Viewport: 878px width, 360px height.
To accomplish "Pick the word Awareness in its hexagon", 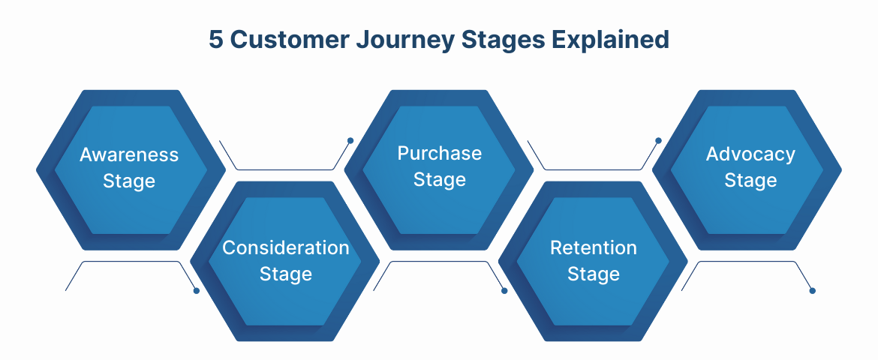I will point(129,155).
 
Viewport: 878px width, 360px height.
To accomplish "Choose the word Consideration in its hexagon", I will point(286,248).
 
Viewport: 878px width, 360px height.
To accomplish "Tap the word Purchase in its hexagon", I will point(440,154).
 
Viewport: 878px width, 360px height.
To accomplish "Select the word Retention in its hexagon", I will point(594,248).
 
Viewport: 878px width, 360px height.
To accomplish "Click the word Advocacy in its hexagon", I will point(750,154).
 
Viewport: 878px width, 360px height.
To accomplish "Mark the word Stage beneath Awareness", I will point(129,181).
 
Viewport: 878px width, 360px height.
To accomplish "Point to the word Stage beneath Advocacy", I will point(750,181).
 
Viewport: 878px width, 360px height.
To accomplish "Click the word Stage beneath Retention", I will point(594,274).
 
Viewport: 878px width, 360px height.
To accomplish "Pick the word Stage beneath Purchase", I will point(440,180).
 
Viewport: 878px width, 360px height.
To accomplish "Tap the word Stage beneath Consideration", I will point(286,274).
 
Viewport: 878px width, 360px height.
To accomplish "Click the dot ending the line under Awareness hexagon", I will point(197,290).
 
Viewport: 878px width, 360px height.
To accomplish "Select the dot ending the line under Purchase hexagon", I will point(504,290).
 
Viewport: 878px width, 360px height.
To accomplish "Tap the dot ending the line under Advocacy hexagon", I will point(812,290).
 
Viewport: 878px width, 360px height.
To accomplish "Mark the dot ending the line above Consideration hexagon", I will point(350,140).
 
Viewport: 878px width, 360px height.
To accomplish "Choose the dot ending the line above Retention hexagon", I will point(658,140).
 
